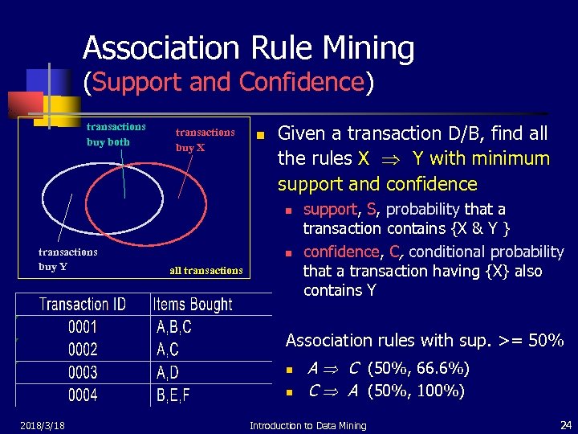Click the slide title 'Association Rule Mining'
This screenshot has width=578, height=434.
pyautogui.click(x=248, y=49)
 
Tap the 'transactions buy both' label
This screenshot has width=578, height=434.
pyautogui.click(x=116, y=134)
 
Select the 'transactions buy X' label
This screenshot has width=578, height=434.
pyautogui.click(x=205, y=140)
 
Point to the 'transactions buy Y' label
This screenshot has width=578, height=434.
pyautogui.click(x=67, y=259)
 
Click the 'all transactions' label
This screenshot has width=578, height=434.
pyautogui.click(x=206, y=271)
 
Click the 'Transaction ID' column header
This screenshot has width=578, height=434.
pyautogui.click(x=83, y=305)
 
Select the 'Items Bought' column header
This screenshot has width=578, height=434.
pyautogui.click(x=193, y=305)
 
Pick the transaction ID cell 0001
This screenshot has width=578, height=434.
pyautogui.click(x=83, y=327)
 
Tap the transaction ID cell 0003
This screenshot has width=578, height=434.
pyautogui.click(x=83, y=373)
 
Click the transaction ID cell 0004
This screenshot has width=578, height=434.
pyautogui.click(x=83, y=395)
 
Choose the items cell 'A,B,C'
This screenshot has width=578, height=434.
pyautogui.click(x=174, y=327)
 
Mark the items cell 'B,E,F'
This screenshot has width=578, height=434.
pyautogui.click(x=173, y=395)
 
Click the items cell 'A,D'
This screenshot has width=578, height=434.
pyautogui.click(x=168, y=373)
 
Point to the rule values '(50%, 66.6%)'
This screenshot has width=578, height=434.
pyautogui.click(x=418, y=369)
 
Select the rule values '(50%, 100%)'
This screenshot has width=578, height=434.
pyautogui.click(x=415, y=391)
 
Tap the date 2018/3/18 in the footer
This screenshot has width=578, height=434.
pyautogui.click(x=43, y=425)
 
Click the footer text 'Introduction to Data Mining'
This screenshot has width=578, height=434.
pyautogui.click(x=307, y=426)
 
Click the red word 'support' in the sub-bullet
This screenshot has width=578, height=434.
pyautogui.click(x=329, y=210)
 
